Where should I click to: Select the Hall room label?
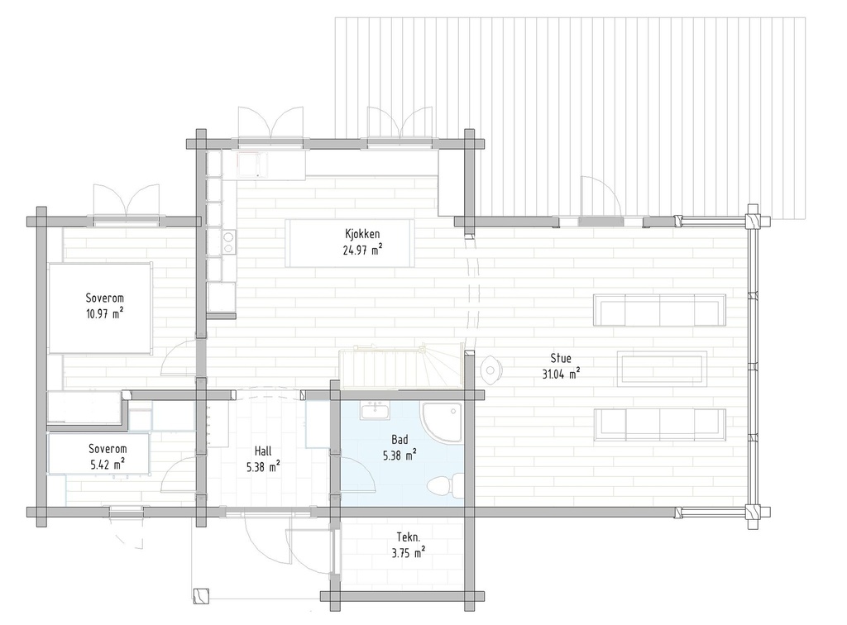(263, 451)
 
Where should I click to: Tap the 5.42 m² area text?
(108, 464)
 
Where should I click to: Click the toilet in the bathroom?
(443, 484)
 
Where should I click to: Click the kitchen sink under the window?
(250, 164)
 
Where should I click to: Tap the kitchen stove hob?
(227, 241)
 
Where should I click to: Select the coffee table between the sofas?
(662, 368)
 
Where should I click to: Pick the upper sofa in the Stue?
(660, 311)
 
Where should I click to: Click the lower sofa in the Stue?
(660, 424)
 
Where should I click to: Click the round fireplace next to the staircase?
(490, 367)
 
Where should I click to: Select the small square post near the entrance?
(200, 594)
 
